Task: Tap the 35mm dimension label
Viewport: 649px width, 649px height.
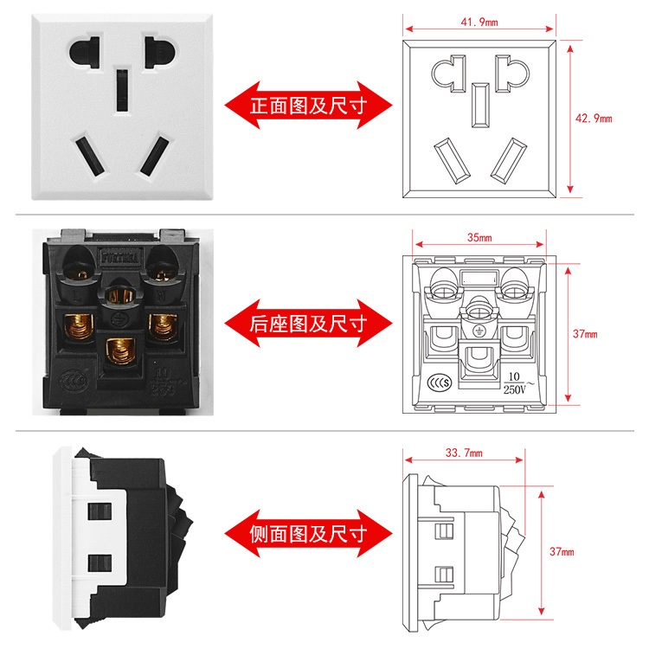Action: click(x=479, y=236)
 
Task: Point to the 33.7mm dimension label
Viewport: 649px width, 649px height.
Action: click(x=463, y=452)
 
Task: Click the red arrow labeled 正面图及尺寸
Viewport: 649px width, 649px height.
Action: click(x=308, y=106)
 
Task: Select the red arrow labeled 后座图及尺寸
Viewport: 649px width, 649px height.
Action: click(x=308, y=324)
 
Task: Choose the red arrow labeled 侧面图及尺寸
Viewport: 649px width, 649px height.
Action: click(x=308, y=533)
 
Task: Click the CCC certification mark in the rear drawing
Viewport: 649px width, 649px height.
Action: click(x=439, y=382)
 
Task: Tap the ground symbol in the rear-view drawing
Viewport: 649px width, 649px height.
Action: click(x=478, y=331)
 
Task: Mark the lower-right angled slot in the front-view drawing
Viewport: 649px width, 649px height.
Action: click(x=507, y=159)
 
